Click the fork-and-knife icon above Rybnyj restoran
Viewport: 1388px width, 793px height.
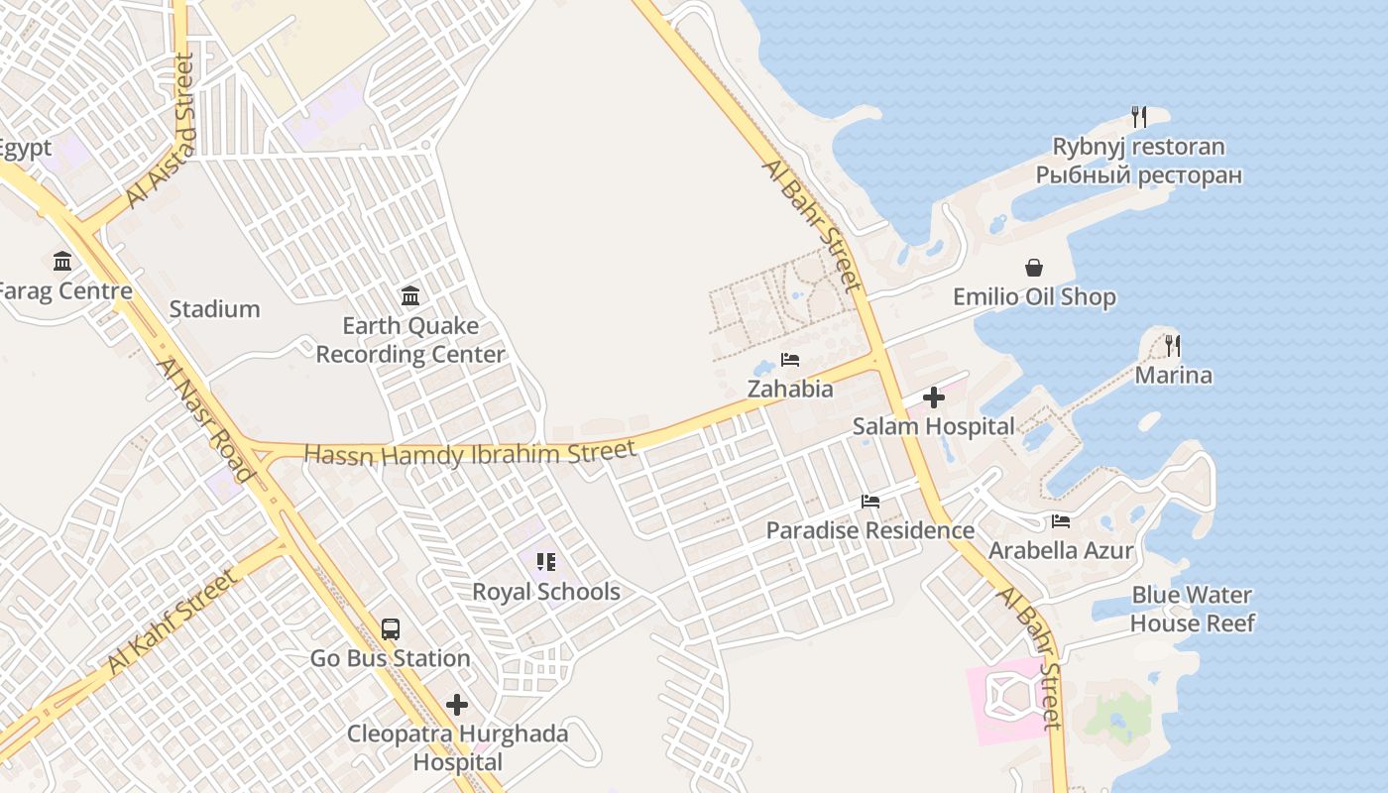(1138, 117)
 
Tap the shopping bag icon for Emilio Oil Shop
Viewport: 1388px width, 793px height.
(1034, 268)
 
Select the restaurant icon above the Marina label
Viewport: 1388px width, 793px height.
(1173, 345)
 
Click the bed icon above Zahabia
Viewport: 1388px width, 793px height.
(790, 360)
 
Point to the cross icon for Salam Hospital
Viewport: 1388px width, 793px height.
(933, 397)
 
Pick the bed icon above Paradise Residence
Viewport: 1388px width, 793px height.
(870, 502)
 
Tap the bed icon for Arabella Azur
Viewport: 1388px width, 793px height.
(1061, 521)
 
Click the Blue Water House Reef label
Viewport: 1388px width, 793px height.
(1192, 609)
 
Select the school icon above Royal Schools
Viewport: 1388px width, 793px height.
(545, 562)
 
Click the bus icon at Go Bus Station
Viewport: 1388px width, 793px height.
(391, 628)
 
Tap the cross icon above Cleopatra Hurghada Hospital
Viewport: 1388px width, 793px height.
(457, 705)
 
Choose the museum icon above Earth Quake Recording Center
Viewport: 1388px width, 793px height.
(410, 295)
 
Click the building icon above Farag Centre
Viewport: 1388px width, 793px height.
(62, 262)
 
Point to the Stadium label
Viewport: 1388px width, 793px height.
(214, 309)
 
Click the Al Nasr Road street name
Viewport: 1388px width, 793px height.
(206, 419)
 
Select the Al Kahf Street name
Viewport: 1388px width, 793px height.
(173, 622)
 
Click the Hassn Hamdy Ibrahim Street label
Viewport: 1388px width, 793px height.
(470, 454)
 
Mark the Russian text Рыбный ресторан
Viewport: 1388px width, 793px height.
(1138, 175)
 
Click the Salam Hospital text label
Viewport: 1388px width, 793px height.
(933, 427)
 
